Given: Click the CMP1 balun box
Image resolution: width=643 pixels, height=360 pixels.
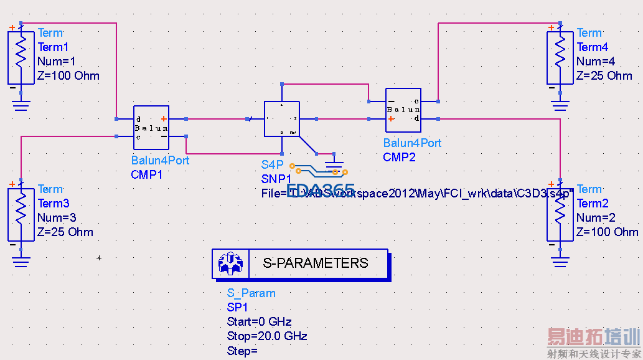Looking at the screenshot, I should point(151,128).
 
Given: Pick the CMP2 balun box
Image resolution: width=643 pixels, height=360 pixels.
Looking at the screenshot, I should point(403,110).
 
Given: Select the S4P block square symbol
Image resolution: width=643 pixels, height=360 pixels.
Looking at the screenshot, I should point(282,119).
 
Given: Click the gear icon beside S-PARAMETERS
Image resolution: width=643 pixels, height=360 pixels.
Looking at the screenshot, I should point(230,263).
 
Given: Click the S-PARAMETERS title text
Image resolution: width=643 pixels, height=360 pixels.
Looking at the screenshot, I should point(316,263).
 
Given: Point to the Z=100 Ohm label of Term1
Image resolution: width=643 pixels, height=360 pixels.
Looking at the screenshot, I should point(68,76).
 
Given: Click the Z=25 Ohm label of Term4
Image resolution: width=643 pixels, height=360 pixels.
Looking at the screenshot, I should point(604,76).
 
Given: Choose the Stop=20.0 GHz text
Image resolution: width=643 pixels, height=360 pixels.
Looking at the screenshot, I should point(267,336).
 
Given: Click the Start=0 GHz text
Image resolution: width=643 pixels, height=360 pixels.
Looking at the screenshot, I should point(260,322).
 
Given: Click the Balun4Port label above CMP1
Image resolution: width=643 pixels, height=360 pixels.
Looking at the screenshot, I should point(160,161).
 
